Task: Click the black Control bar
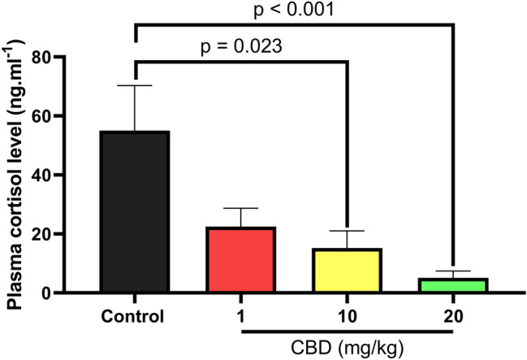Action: tap(134, 211)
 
